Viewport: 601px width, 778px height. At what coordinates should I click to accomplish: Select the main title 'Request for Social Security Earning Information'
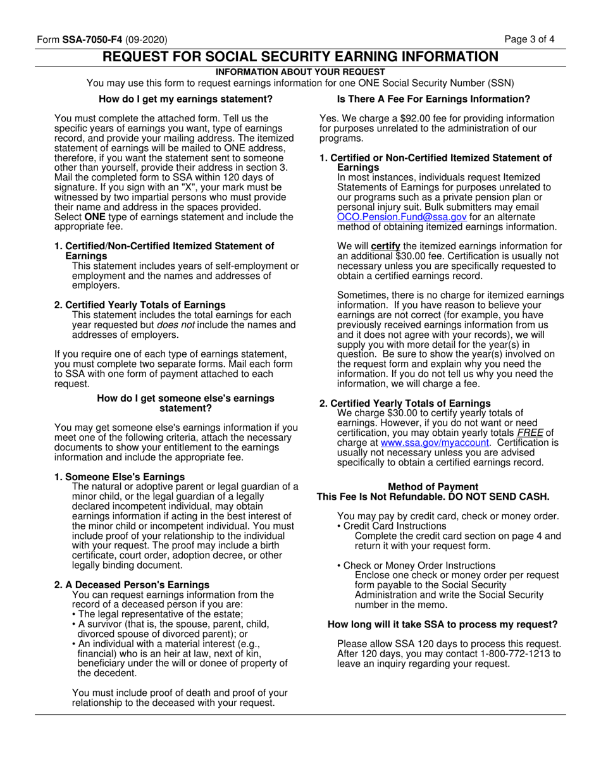300,57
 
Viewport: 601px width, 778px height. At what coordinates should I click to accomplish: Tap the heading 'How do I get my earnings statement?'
186,99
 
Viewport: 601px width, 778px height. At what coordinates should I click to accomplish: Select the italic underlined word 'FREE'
530,433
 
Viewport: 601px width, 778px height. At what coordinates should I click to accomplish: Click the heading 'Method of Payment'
433,486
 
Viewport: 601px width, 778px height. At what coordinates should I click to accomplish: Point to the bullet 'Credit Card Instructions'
394,526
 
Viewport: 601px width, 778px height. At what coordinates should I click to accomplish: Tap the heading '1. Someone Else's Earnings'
120,476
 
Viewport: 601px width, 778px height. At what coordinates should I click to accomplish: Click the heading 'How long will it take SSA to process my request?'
442,625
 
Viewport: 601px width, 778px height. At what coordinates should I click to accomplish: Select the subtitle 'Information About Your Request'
300,72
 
